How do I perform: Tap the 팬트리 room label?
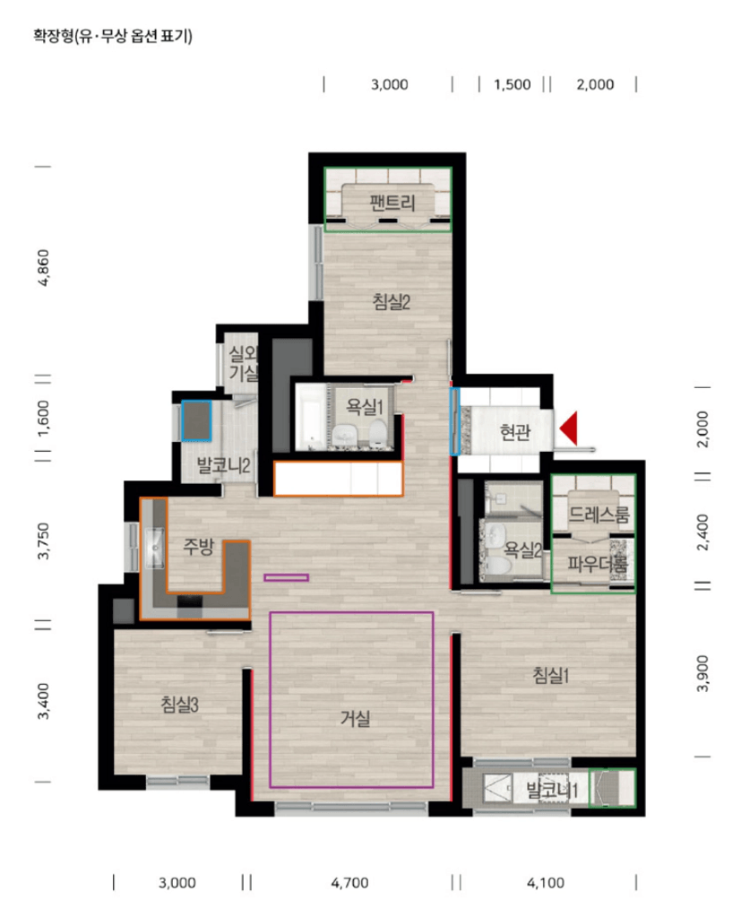392,203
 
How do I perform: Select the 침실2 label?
392,302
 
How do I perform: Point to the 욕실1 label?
364,406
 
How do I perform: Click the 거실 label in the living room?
356,718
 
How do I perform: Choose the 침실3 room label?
179,705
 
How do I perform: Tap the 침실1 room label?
550,675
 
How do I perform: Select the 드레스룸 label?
599,515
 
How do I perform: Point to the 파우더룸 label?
598,564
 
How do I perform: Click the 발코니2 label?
223,465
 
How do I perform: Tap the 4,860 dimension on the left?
43,268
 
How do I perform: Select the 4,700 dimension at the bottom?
349,883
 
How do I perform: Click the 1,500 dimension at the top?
512,85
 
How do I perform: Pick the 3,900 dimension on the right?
702,673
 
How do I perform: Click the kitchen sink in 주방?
154,548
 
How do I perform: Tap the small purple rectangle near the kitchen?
287,578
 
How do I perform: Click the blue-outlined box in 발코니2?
196,420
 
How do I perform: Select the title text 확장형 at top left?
53,36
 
